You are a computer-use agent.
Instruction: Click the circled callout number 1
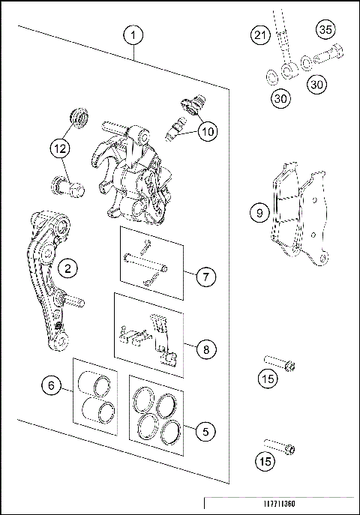(x=133, y=34)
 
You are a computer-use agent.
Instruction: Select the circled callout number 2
(x=67, y=268)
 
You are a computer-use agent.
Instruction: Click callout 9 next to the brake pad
(x=259, y=213)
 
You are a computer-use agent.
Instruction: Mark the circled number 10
(x=207, y=132)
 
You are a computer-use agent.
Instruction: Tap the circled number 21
(x=259, y=36)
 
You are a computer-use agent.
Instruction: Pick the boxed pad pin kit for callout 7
(x=151, y=262)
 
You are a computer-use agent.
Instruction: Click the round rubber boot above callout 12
(x=77, y=117)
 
